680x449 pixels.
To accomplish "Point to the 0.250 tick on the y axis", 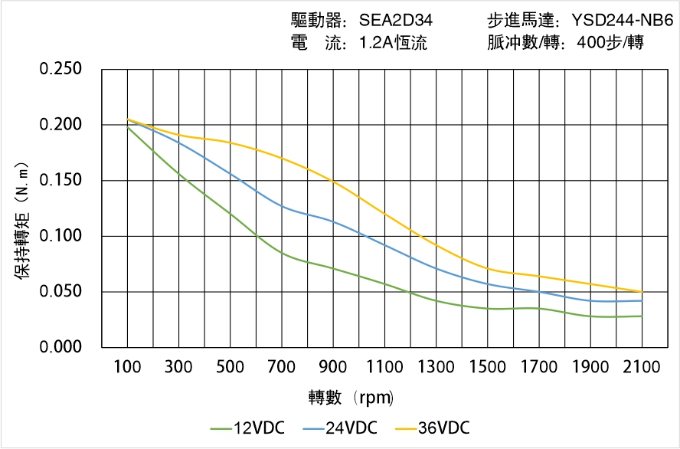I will (x=60, y=69).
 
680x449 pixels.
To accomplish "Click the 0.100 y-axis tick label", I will (x=60, y=236).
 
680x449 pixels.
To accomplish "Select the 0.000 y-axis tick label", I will (x=60, y=347).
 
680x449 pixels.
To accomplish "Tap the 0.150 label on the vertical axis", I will (x=60, y=180).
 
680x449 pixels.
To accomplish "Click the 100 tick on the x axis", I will (x=127, y=367).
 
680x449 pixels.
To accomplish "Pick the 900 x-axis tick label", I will (x=333, y=367).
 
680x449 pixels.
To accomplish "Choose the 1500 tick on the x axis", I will (x=487, y=367).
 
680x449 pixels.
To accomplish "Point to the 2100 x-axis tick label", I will (x=642, y=367).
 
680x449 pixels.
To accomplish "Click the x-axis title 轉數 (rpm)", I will (x=351, y=398).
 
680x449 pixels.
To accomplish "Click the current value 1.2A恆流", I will (x=393, y=43).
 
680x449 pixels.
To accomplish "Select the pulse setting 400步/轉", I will (x=611, y=43).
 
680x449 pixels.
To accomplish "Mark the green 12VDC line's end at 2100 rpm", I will (x=642, y=316).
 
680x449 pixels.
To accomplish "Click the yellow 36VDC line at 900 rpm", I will (x=333, y=182).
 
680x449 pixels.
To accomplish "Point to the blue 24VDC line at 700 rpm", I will (x=282, y=206).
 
